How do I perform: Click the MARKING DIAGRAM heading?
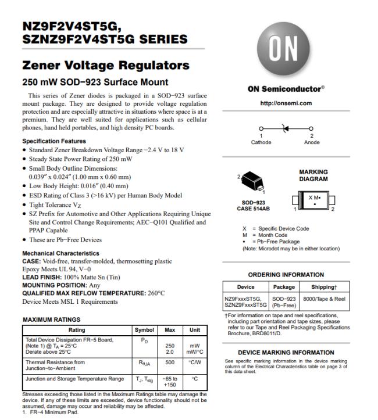[313, 175]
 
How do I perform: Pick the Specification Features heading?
[54, 141]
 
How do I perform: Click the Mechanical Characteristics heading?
[60, 253]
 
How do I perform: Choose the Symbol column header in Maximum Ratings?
[144, 330]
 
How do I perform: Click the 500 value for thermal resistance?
[170, 362]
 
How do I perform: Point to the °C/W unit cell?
[194, 362]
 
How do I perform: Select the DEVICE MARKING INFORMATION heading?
[286, 353]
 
